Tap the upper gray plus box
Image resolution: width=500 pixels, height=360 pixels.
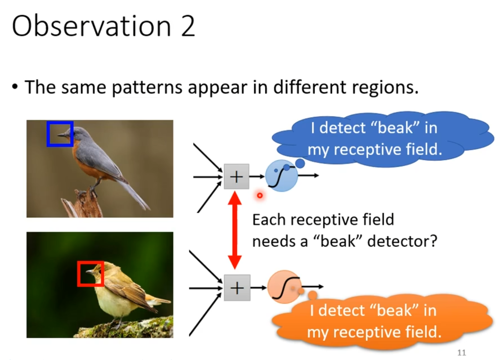(x=236, y=176)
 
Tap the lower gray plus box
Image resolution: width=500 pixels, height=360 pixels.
(x=237, y=288)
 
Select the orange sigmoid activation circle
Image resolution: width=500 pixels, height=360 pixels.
(x=284, y=287)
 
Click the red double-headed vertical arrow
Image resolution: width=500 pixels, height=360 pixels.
(x=235, y=230)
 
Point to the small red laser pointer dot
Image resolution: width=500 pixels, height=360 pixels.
(x=259, y=195)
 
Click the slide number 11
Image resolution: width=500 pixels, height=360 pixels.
(x=461, y=352)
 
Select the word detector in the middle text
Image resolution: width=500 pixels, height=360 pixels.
(x=402, y=241)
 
